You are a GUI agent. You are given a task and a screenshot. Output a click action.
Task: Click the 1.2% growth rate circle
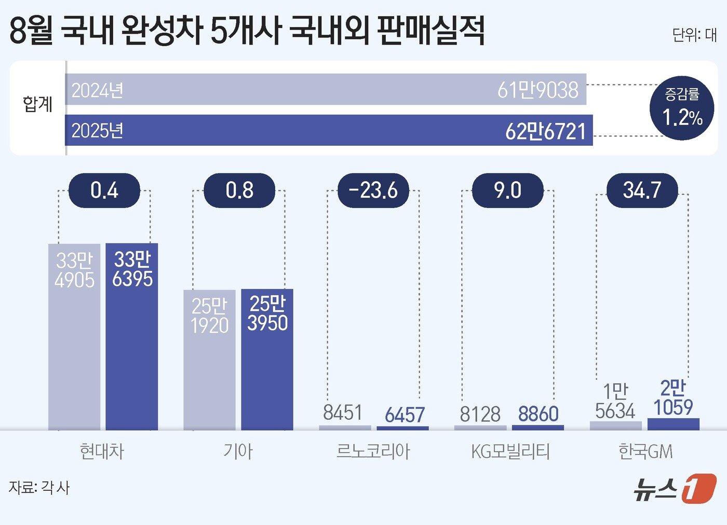[682, 108]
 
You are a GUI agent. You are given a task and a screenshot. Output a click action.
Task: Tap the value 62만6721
[545, 131]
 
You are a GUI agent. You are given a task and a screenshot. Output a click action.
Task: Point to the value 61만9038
[537, 90]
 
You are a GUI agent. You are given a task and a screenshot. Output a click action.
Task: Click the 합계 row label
[37, 104]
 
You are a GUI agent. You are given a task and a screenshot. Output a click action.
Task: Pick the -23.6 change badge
[373, 190]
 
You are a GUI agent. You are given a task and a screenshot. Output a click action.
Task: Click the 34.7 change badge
[642, 190]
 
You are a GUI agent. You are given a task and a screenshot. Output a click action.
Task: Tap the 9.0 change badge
[507, 190]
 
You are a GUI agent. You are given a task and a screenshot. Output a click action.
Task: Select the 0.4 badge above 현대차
[104, 190]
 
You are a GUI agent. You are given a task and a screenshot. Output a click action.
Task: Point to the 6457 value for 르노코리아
[405, 415]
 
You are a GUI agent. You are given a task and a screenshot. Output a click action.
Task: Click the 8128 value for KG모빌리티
[480, 415]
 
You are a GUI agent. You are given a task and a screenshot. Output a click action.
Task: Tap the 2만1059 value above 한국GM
[673, 398]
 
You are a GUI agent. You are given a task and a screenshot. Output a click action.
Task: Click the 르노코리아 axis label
[373, 451]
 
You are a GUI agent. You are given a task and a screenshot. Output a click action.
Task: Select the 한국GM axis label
[645, 451]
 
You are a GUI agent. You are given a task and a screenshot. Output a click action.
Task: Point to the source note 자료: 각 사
[39, 488]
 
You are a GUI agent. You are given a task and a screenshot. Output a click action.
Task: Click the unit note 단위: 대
[694, 35]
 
